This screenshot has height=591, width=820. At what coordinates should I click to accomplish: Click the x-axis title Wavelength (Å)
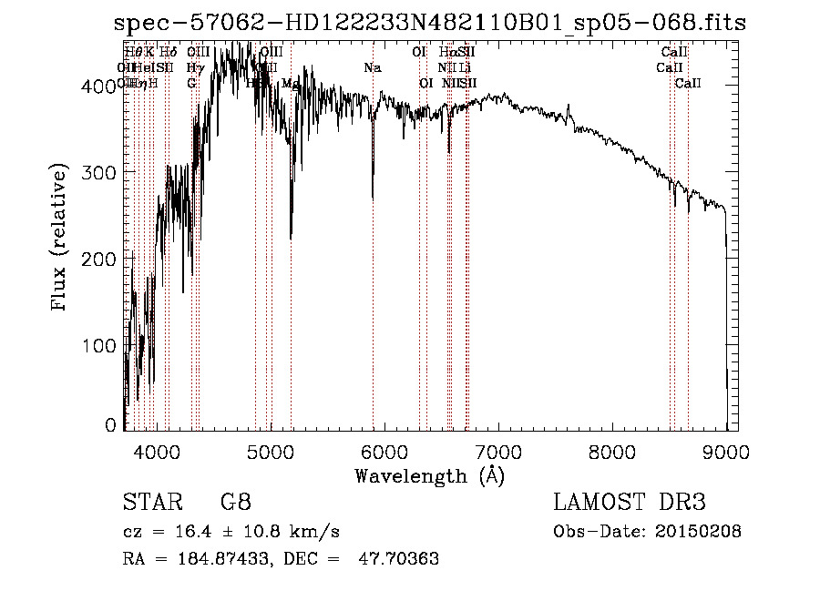(429, 475)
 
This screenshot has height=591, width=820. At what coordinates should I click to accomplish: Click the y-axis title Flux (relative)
(61, 239)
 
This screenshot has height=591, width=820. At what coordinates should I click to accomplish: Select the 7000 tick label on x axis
(498, 451)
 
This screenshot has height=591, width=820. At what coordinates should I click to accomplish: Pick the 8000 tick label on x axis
(612, 451)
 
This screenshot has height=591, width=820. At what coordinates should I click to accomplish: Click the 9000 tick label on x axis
(726, 451)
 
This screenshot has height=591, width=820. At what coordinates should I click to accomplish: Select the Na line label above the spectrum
(372, 67)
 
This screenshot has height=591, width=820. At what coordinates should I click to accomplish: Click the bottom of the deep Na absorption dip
(373, 197)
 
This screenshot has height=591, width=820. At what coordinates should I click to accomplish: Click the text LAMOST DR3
(629, 503)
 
